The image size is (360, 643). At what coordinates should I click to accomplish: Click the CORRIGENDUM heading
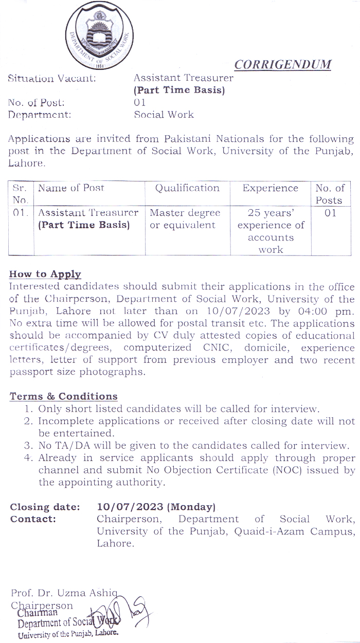pyautogui.click(x=283, y=64)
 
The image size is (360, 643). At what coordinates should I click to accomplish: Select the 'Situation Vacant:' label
pyautogui.click(x=51, y=78)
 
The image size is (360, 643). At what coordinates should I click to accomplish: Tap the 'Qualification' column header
pyautogui.click(x=187, y=188)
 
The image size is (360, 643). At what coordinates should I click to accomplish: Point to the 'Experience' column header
pyautogui.click(x=271, y=188)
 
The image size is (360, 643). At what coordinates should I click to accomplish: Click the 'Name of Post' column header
pyautogui.click(x=71, y=188)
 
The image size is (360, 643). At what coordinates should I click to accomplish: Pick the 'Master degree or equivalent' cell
pyautogui.click(x=185, y=219)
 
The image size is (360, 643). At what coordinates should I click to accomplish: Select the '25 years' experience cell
pyautogui.click(x=271, y=231)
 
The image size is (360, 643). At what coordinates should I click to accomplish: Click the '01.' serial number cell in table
pyautogui.click(x=21, y=213)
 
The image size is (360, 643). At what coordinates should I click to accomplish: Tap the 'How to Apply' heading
pyautogui.click(x=45, y=274)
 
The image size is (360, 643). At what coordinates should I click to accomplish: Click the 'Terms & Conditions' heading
pyautogui.click(x=63, y=396)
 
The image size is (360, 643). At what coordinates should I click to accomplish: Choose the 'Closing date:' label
pyautogui.click(x=45, y=507)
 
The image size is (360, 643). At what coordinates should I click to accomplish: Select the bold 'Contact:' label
pyautogui.click(x=33, y=519)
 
